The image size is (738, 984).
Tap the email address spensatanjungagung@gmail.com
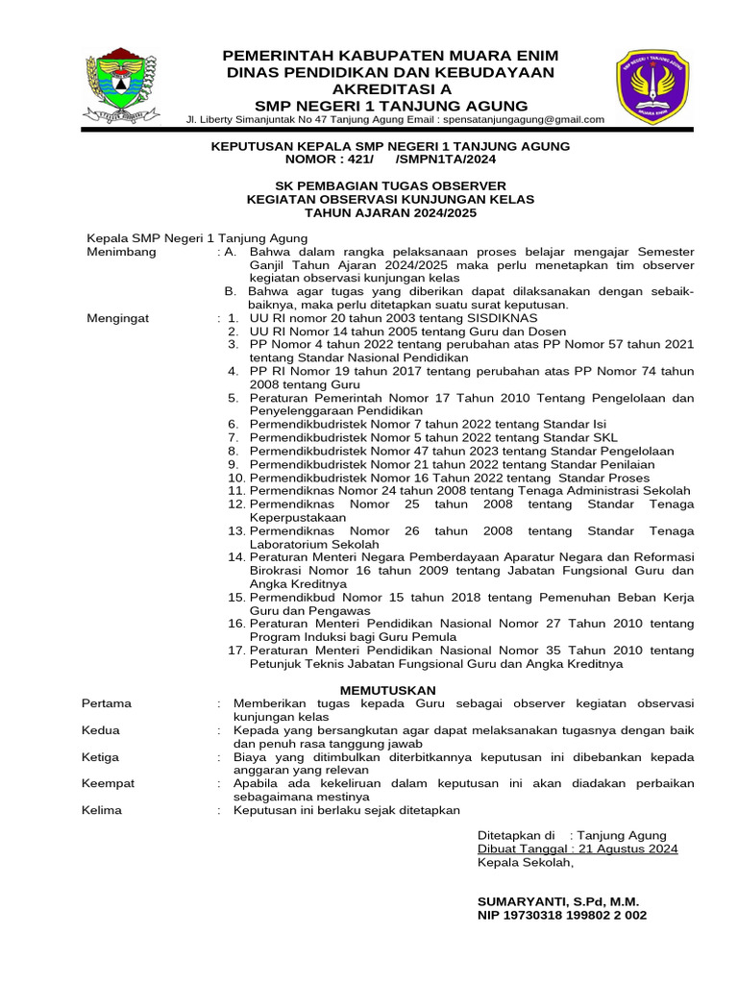point(523,119)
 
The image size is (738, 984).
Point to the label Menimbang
point(121,252)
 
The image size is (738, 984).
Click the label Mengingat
point(118,318)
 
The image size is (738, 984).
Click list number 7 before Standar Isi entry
point(233,437)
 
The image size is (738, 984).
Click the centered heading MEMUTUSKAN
point(389,690)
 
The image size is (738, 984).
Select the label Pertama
point(108,703)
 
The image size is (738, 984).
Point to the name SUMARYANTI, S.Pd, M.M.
point(558,902)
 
